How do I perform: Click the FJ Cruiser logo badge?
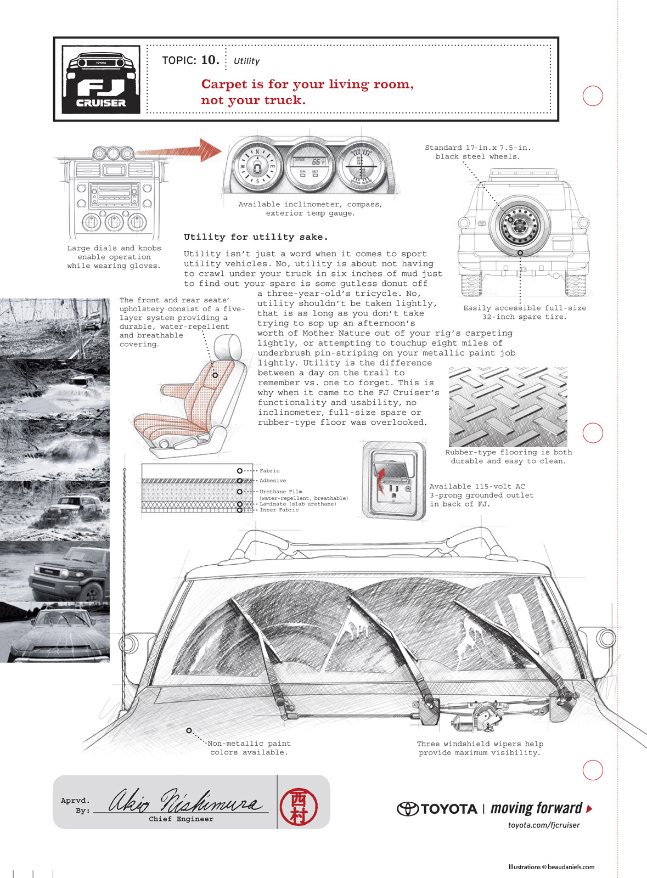[x=101, y=80]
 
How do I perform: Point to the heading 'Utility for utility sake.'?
[x=256, y=237]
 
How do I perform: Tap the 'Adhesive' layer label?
[x=273, y=481]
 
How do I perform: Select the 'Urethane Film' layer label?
[x=281, y=492]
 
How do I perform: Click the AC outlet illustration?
[x=393, y=480]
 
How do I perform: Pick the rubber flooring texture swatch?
[x=508, y=407]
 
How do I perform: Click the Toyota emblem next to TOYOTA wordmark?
[x=408, y=809]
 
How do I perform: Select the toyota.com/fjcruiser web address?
[x=543, y=825]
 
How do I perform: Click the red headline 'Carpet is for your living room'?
[x=307, y=84]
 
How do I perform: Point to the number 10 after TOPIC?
[x=210, y=60]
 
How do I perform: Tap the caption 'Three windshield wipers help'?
[x=480, y=744]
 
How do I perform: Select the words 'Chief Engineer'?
[x=181, y=819]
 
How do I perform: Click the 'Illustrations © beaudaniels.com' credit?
[x=551, y=867]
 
